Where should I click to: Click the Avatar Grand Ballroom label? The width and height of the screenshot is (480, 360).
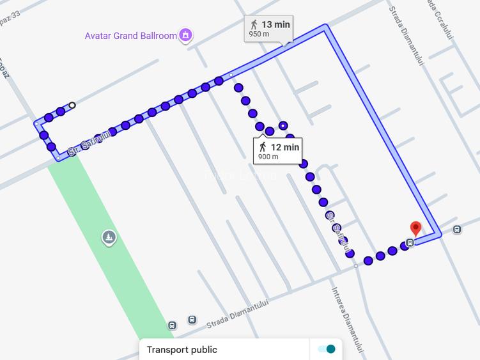(x=130, y=36)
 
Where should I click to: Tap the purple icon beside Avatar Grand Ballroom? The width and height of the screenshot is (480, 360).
(x=185, y=35)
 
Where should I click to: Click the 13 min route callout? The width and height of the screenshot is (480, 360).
(x=268, y=29)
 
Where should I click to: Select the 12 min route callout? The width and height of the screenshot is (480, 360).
(x=278, y=151)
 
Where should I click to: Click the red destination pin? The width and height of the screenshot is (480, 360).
(x=415, y=228)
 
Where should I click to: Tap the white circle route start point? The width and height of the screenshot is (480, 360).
(x=72, y=106)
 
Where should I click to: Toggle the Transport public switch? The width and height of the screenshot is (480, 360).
(x=326, y=349)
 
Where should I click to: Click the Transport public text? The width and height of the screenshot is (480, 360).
(x=182, y=350)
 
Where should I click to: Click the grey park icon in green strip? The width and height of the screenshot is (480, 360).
(x=109, y=238)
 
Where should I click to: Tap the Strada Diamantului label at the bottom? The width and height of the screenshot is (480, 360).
(x=235, y=316)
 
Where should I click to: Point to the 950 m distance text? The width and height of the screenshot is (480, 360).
(x=258, y=35)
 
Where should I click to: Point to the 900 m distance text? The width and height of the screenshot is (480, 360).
(x=268, y=157)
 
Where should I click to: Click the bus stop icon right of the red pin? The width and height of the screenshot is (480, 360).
(x=457, y=230)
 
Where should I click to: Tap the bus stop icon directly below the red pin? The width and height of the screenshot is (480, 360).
(x=410, y=242)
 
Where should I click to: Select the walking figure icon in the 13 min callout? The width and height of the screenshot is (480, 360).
(x=254, y=24)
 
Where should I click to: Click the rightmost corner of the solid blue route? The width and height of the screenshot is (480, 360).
(x=440, y=235)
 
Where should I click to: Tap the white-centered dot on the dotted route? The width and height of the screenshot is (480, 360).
(x=283, y=125)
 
